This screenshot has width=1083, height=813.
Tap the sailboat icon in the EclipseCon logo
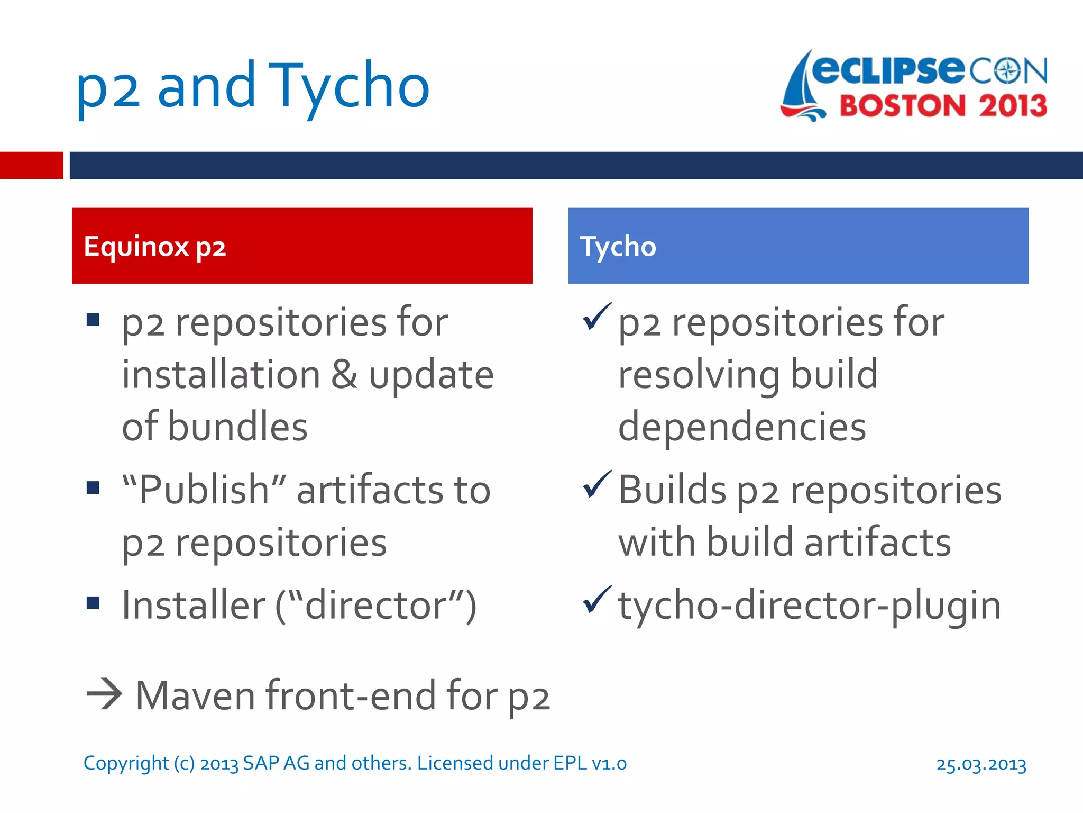point(801,87)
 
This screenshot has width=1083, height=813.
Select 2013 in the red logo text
point(1012,106)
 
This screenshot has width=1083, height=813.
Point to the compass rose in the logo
point(1008,71)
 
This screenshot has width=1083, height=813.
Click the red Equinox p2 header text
point(155,247)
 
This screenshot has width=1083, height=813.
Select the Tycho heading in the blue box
point(618,247)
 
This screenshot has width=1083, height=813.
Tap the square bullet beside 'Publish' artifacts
point(94,487)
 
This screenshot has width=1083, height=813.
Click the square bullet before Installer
point(94,603)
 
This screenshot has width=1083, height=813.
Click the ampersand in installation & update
point(344,375)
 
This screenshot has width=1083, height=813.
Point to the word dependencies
point(741,427)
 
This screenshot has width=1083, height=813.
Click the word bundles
point(237,427)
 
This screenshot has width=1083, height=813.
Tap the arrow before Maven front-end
point(104,694)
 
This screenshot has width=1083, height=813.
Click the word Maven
point(195,695)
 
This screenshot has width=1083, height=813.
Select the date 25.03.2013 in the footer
point(981,764)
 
